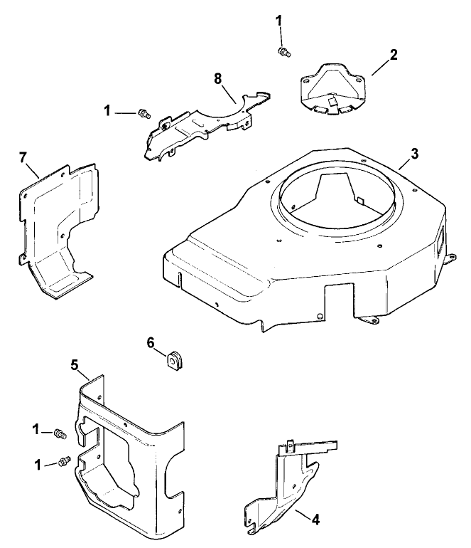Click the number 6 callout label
151,342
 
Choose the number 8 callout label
219,78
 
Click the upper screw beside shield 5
60,433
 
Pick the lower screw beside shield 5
64,461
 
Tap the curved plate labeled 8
202,121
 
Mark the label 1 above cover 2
279,21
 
